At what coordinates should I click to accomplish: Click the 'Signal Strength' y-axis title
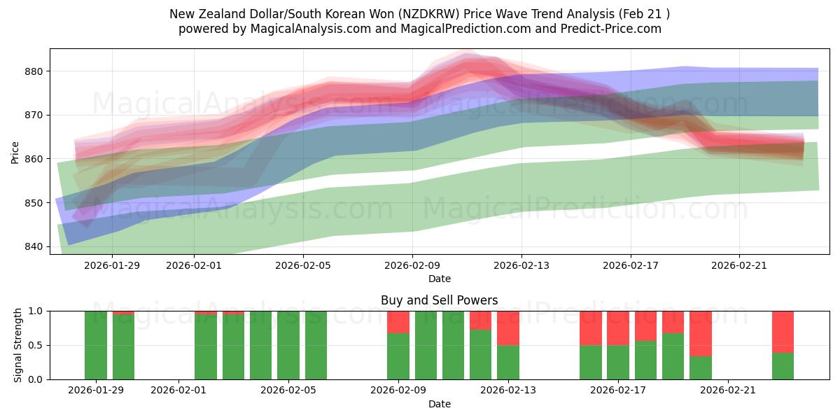point(19,345)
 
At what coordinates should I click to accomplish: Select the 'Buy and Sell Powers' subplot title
point(439,300)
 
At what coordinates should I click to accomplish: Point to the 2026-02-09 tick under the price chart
point(412,265)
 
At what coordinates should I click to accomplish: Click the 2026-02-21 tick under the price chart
point(739,265)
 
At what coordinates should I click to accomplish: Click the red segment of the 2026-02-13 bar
point(508,328)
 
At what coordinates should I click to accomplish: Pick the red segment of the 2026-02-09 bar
point(398,321)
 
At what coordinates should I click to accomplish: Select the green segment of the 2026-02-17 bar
point(618,362)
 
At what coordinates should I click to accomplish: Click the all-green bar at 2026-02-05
point(288,345)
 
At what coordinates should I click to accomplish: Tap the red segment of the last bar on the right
point(783,331)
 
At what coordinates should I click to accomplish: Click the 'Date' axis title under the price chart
point(439,279)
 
